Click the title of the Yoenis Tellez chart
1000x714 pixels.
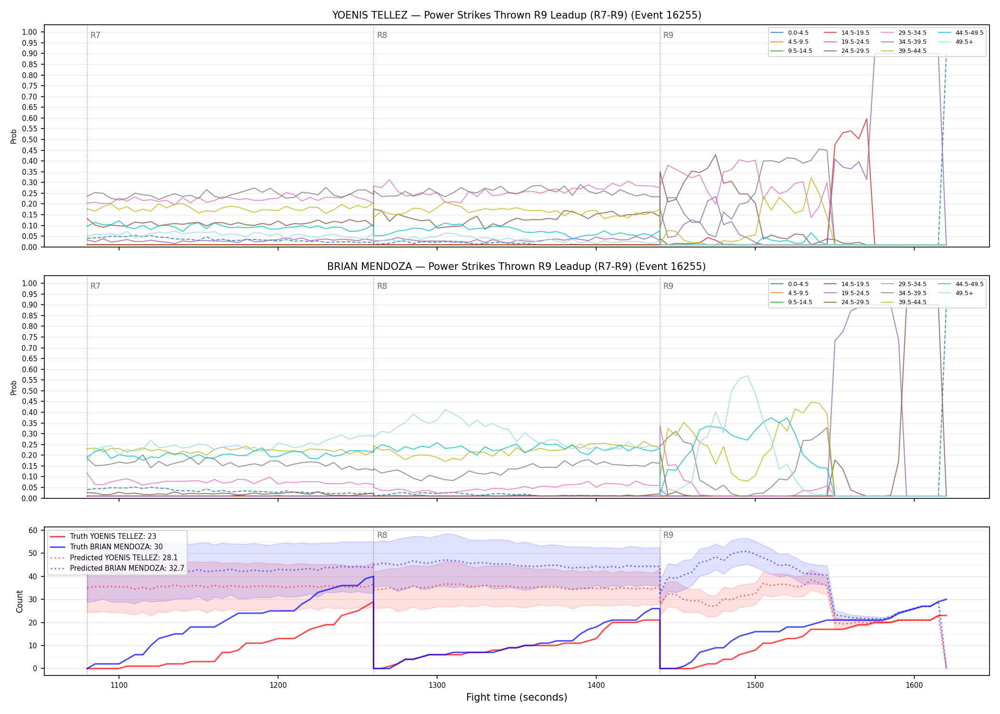click(517, 15)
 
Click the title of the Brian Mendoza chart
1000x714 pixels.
click(517, 267)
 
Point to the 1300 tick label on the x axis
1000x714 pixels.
click(437, 685)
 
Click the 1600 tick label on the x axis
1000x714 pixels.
click(914, 685)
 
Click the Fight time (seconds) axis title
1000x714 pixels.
click(517, 697)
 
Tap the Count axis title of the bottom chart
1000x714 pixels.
click(20, 601)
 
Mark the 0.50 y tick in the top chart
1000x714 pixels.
click(29, 140)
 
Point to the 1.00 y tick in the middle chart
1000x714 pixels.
click(29, 284)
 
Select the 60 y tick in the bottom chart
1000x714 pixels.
click(33, 530)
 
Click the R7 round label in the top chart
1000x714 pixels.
click(95, 36)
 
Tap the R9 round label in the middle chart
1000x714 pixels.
click(669, 287)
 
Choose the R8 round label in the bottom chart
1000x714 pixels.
click(382, 535)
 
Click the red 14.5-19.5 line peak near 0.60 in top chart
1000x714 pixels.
click(867, 119)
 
